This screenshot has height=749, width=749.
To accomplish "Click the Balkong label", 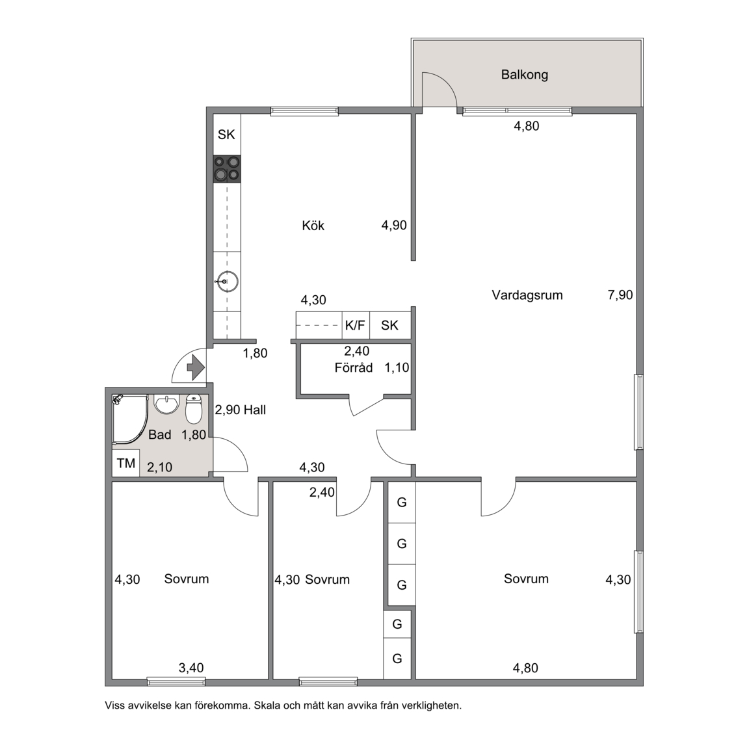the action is (524, 75).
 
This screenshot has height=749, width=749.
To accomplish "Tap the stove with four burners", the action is (227, 169).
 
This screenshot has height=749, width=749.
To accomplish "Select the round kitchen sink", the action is (227, 282).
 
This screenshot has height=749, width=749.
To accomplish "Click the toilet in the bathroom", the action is (194, 410).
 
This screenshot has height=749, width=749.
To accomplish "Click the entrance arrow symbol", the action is (195, 367).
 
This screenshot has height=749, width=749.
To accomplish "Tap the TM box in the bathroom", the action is (126, 463).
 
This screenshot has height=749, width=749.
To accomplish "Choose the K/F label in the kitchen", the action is (355, 325).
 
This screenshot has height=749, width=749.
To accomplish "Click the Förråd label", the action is (354, 368).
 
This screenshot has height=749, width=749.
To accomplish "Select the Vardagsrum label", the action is (527, 295).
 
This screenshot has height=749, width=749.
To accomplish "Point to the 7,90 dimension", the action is (620, 295).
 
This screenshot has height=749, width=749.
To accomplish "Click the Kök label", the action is (313, 226).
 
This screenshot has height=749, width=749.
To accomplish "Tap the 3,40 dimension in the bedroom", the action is (191, 668).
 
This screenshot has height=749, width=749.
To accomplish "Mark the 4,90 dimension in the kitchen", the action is (394, 225).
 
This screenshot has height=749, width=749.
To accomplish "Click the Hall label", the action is (255, 410).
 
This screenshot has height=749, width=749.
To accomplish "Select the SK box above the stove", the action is (226, 135).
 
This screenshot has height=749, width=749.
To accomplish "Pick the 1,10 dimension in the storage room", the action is (397, 367).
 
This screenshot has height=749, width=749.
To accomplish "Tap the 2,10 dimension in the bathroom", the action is (159, 467).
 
